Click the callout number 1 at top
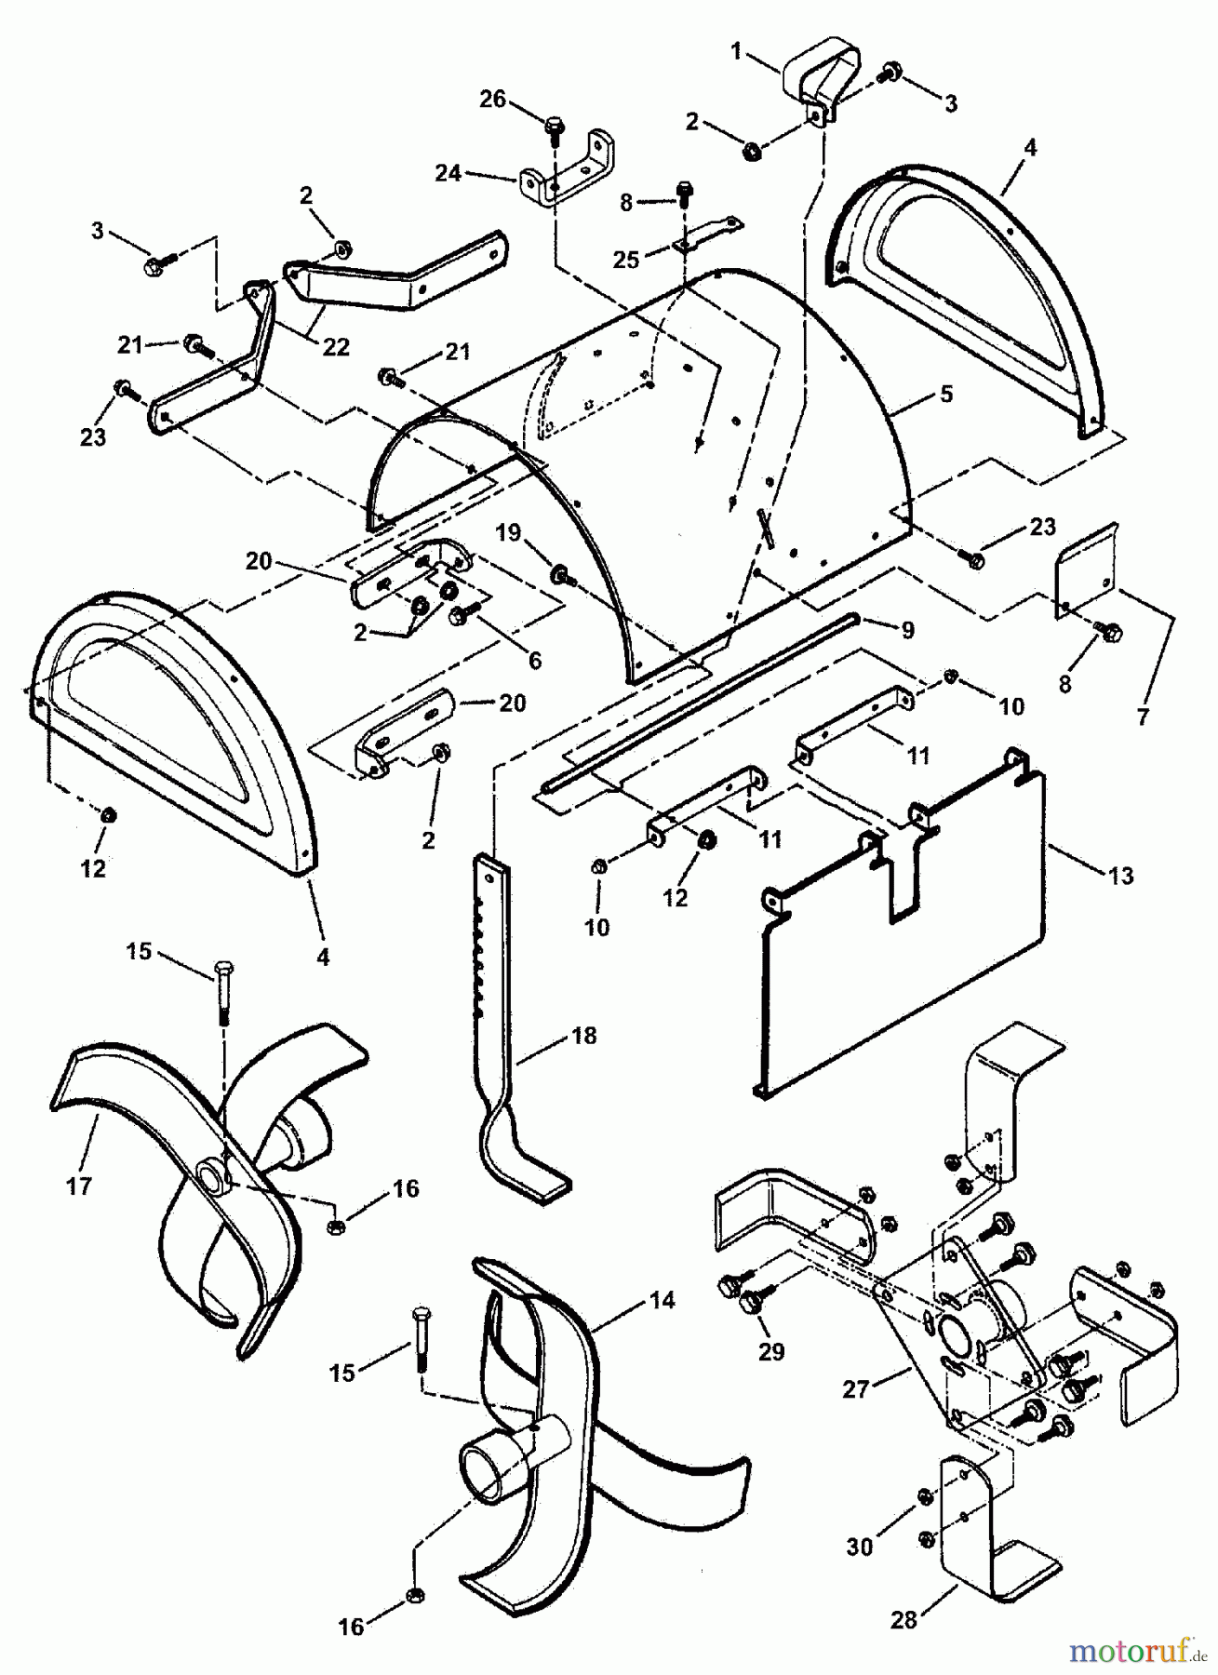coord(736,51)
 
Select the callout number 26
coord(493,99)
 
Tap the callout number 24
coord(448,173)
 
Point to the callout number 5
coord(946,394)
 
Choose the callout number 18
coord(584,1036)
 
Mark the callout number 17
coord(79,1186)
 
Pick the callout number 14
coord(662,1300)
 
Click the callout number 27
coord(856,1389)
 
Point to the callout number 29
coord(771,1351)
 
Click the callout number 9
coord(907,629)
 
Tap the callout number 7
coord(1143,717)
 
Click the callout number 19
coord(508,532)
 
